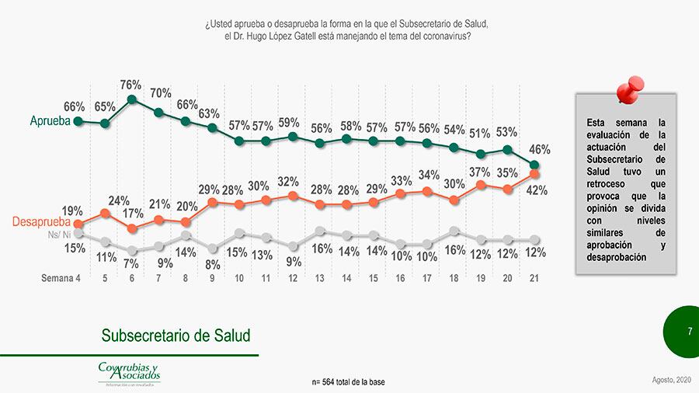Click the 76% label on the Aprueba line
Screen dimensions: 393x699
click(x=130, y=85)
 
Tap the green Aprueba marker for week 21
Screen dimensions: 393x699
click(x=534, y=165)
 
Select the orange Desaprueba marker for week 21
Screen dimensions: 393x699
click(x=534, y=174)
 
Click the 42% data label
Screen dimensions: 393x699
click(x=537, y=190)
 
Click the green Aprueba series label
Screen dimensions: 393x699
click(x=50, y=121)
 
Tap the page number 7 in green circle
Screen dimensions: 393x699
click(x=689, y=332)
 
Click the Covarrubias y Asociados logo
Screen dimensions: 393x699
click(x=129, y=372)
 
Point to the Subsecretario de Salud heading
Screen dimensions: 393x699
click(x=176, y=336)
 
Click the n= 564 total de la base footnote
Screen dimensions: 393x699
click(x=348, y=382)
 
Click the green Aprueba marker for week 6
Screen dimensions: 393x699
click(x=132, y=99)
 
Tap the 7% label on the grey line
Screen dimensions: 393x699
click(x=130, y=264)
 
